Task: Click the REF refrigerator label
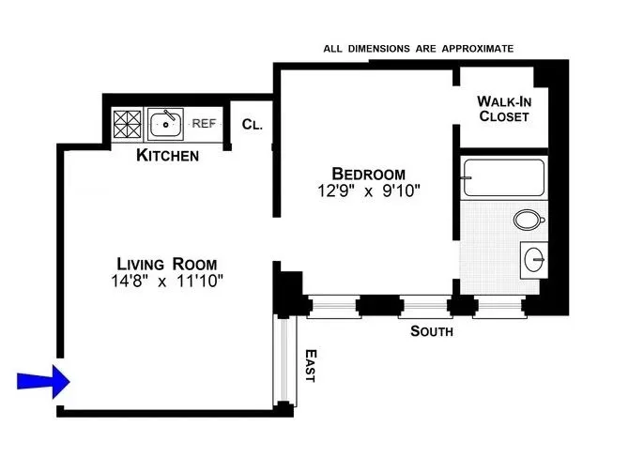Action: (204, 122)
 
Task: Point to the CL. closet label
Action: (251, 124)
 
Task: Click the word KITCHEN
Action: (168, 155)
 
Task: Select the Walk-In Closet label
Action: (503, 109)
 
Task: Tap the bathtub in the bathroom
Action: (503, 177)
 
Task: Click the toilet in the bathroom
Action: (529, 221)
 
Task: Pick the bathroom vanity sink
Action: (534, 257)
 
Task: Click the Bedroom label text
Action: (368, 174)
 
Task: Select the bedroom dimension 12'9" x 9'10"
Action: (368, 191)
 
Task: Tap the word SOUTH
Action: (432, 331)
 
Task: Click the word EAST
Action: (311, 365)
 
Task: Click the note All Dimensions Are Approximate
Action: (418, 48)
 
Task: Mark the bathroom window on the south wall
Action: (498, 305)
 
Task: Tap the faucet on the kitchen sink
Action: (167, 115)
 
